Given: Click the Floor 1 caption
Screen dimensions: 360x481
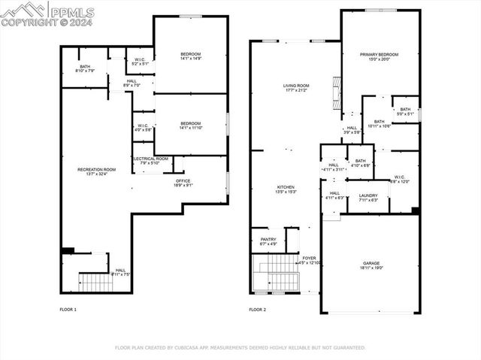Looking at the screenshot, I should (68, 309).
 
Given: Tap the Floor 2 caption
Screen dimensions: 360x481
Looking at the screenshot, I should (258, 309).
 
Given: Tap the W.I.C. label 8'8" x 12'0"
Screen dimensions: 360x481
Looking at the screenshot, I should (398, 179).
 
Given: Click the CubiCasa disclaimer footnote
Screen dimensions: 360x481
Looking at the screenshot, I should (240, 348).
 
